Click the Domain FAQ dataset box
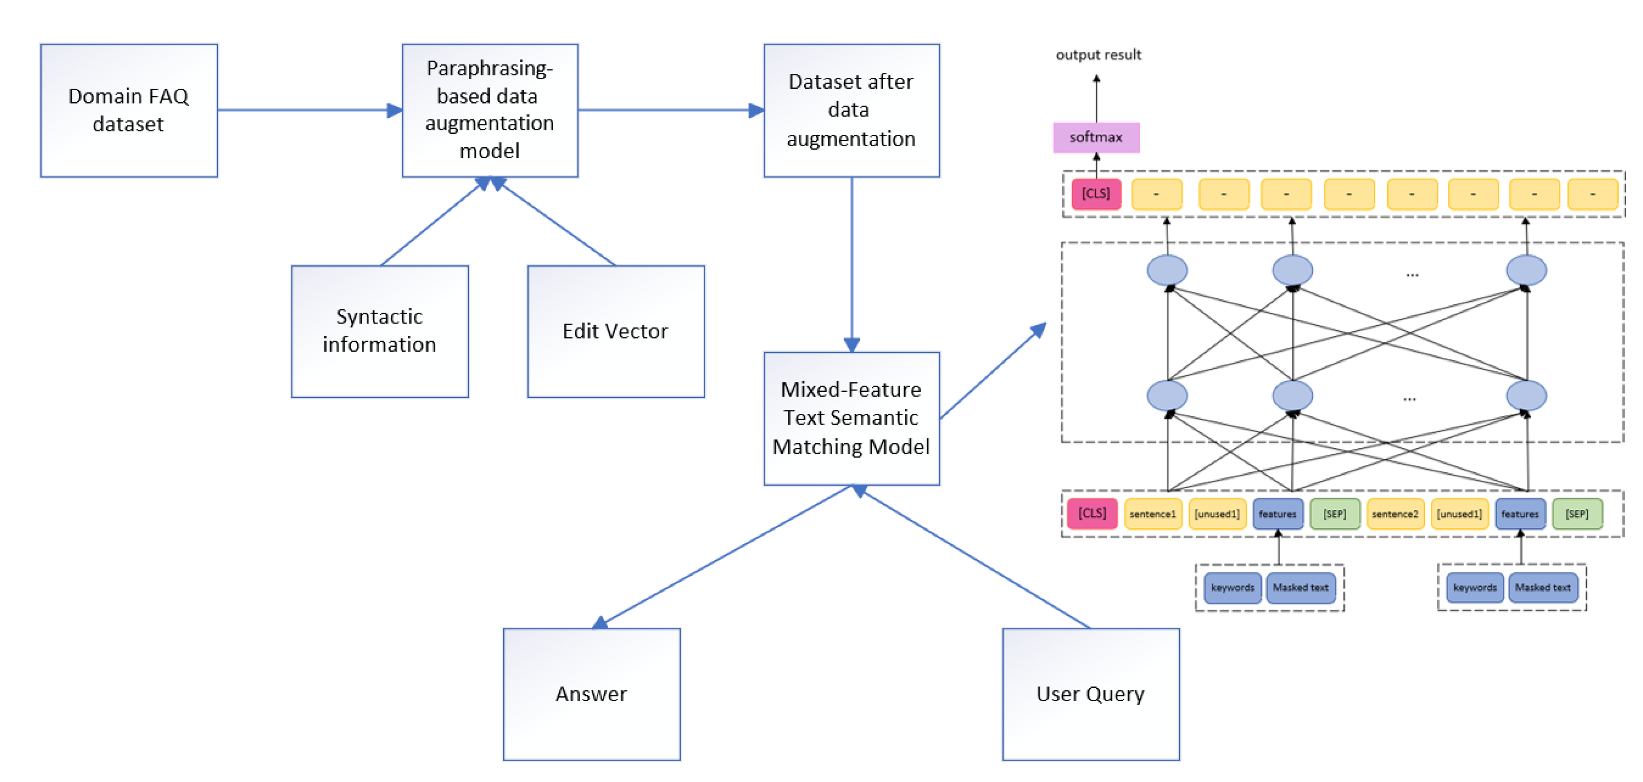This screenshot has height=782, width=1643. (129, 111)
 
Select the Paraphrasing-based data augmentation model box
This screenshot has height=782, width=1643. (490, 111)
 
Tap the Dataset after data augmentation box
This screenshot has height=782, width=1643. (851, 111)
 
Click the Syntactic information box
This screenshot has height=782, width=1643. (380, 331)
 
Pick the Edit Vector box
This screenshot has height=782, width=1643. (616, 331)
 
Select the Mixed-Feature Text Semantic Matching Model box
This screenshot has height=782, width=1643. (851, 418)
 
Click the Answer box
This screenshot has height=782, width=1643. (591, 694)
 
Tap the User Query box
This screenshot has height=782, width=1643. (1091, 694)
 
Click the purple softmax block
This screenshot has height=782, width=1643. (1096, 137)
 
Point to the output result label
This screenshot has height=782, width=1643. (1098, 55)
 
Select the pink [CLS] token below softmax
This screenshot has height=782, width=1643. (1096, 194)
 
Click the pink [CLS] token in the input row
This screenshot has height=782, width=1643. (1092, 513)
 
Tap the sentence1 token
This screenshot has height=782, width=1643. (1152, 513)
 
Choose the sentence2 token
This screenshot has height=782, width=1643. (1395, 513)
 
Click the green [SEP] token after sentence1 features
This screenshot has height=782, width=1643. (1334, 513)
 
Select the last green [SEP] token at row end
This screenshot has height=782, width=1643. (1577, 513)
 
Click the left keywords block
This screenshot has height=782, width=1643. (1232, 587)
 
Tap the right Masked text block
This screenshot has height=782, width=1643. (1543, 587)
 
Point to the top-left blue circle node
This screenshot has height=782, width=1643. (1167, 271)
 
